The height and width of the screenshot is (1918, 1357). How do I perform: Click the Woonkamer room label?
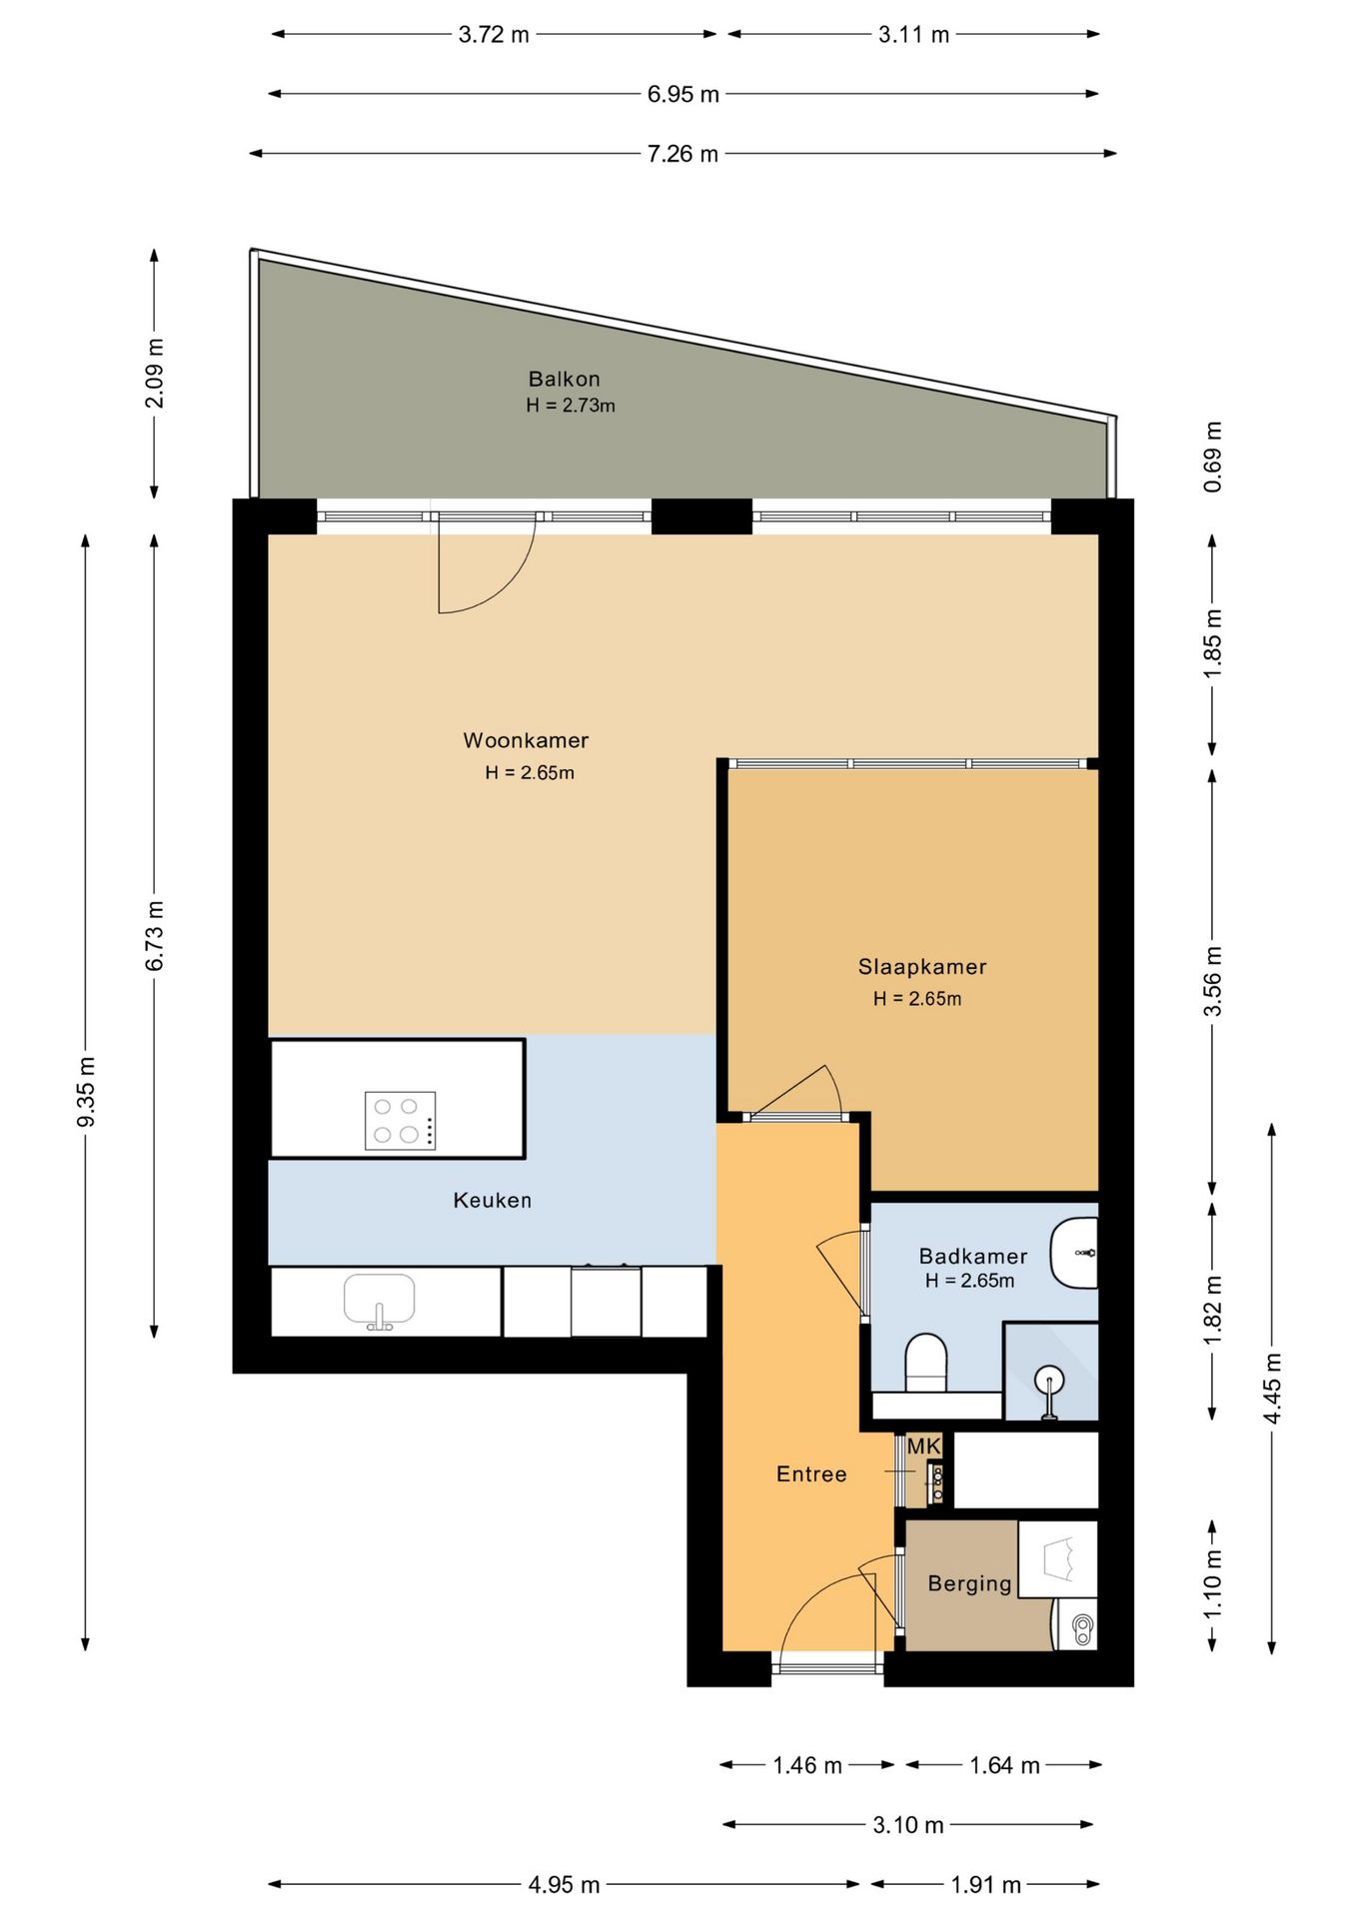526,740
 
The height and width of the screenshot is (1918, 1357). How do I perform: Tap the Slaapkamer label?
922,966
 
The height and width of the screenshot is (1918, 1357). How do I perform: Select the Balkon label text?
565,379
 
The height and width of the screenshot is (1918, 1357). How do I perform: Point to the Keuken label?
493,1200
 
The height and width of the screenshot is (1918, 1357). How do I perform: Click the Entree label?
811,1473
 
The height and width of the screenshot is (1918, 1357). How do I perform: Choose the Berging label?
970,1583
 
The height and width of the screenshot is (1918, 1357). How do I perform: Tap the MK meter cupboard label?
924,1445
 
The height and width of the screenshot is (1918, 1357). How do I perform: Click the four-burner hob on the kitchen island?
400,1120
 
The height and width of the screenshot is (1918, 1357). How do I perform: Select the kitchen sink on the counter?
380,1302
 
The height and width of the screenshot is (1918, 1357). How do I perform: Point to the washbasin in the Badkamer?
1075,1252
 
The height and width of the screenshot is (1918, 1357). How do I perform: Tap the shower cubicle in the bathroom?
1050,1371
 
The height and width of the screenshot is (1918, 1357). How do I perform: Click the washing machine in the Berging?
1076,1624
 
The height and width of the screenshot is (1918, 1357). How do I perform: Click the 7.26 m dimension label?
682,154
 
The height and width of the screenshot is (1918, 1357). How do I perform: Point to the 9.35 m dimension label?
86,1091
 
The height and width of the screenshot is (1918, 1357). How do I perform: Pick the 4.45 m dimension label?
1272,1390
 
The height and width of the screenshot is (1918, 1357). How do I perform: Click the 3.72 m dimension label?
494,35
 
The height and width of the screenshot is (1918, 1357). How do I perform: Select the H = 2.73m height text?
571,406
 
